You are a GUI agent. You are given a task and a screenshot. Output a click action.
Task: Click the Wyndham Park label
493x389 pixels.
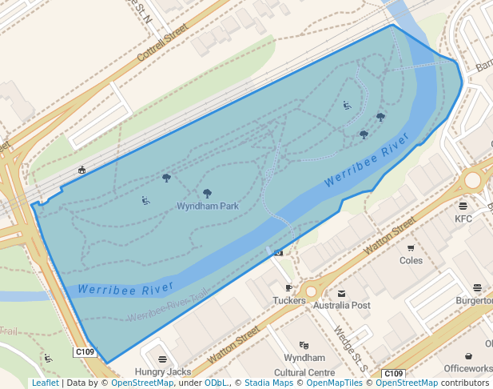(208, 206)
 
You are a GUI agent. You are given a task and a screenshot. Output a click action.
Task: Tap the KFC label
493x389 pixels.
(463, 219)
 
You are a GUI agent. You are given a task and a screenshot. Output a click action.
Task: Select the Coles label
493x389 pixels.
(411, 260)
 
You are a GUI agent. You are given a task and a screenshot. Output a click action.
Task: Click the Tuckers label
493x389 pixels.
(289, 301)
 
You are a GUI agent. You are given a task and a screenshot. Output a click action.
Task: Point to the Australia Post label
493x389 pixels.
(342, 306)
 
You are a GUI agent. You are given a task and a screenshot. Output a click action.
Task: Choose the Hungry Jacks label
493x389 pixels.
(163, 371)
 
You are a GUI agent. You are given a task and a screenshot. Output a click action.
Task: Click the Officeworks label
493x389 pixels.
(469, 368)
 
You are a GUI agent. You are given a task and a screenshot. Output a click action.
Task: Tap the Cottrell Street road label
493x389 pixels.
(161, 42)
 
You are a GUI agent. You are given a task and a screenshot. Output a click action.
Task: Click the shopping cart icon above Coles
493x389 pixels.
(411, 248)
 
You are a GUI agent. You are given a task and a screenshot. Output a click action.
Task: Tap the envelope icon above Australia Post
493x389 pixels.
(342, 294)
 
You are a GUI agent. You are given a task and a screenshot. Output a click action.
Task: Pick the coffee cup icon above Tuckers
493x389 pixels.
(289, 288)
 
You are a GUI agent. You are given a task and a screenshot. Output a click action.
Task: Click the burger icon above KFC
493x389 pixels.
(463, 206)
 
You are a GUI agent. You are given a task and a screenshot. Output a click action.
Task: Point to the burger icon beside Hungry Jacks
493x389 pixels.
(163, 359)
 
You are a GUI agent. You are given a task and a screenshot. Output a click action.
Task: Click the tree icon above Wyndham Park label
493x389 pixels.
(208, 193)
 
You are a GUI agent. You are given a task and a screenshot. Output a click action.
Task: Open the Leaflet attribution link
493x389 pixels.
(45, 383)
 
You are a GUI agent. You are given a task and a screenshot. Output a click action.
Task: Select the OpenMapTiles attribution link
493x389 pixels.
(332, 383)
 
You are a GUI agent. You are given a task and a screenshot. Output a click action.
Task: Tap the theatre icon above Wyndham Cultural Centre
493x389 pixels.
(304, 345)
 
